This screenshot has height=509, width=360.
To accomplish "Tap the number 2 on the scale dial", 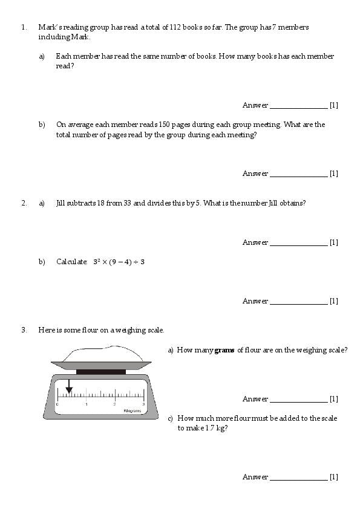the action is coord(114,404).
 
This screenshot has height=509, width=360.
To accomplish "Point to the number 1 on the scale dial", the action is coord(87,404).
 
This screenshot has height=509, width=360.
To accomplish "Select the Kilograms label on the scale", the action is coord(133,410).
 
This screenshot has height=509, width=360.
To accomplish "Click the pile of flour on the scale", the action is coord(103,354).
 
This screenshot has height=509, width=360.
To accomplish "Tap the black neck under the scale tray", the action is coord(101,372).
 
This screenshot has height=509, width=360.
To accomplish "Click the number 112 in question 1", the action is coord(175,27).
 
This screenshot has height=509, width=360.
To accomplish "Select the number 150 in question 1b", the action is coord(164,125).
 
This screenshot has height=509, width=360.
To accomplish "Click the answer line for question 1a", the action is coord(299,108).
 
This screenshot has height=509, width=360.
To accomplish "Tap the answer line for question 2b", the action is coord(299,304).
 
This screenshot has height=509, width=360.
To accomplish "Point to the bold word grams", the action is coord(224,350).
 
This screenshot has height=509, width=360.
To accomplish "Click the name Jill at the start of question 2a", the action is coord(60,203).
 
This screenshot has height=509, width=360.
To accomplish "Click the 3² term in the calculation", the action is coord(96,262).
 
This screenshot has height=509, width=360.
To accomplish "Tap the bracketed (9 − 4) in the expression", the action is coord(120,262).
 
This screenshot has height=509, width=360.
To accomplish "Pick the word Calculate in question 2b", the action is coord(71,262).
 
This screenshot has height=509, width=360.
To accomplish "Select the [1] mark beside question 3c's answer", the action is coord(334,477).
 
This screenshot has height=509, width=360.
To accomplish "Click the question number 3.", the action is coord(24,330).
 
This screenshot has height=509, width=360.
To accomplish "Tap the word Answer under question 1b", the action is coord(255,173).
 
